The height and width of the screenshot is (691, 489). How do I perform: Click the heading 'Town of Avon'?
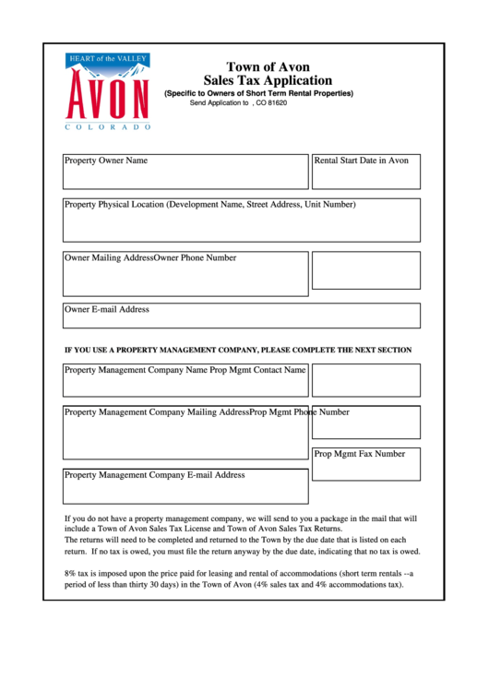click(268, 66)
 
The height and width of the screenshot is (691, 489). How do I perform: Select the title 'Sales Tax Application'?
click(268, 81)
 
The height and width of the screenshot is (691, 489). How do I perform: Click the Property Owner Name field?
click(185, 172)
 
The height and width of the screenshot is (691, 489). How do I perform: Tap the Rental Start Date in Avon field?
click(366, 172)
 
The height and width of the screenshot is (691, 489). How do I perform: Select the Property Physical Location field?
click(241, 220)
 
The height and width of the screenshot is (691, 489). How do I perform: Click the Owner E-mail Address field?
click(241, 316)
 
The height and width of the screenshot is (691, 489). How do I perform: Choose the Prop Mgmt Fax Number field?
click(366, 464)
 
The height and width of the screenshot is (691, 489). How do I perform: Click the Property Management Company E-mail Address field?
click(185, 486)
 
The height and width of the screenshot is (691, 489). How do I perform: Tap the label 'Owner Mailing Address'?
click(108, 258)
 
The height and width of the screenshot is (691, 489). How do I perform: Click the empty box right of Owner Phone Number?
click(366, 270)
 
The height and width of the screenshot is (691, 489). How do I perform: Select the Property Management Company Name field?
click(185, 379)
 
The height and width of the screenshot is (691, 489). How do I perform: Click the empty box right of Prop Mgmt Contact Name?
click(366, 379)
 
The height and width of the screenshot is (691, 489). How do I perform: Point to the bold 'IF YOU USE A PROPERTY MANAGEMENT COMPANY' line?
click(237, 351)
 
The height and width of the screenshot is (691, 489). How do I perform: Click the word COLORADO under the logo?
click(107, 126)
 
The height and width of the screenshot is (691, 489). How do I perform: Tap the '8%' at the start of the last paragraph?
click(70, 573)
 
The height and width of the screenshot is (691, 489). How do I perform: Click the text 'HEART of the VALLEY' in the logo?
click(107, 59)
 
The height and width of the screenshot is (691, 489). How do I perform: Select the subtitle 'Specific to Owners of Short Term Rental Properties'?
click(258, 94)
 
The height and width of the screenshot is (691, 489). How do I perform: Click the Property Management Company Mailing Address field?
click(185, 433)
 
